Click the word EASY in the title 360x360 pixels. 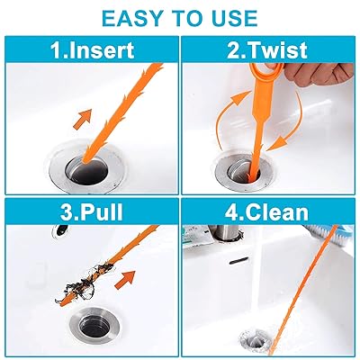click(132, 19)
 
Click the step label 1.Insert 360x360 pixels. click(92, 50)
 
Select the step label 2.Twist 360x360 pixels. click(267, 50)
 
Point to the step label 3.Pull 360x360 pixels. click(92, 212)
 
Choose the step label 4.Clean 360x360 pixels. click(266, 212)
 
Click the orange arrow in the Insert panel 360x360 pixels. click(83, 119)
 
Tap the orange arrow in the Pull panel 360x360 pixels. click(125, 279)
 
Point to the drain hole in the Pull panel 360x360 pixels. click(94, 325)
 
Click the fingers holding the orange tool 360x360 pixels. click(318, 75)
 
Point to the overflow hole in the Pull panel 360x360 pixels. click(62, 230)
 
